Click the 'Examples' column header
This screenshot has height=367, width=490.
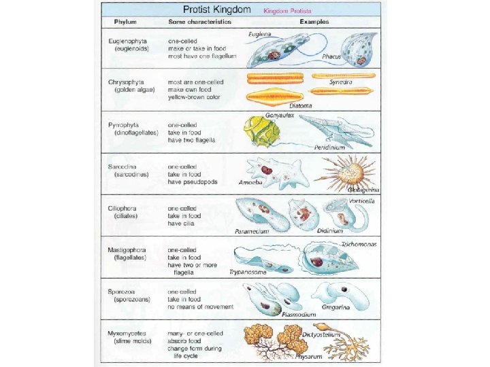tap(312, 22)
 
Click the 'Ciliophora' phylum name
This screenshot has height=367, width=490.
tap(126, 208)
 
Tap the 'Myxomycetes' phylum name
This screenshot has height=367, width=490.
tap(129, 333)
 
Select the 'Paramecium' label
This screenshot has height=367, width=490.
tap(252, 231)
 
